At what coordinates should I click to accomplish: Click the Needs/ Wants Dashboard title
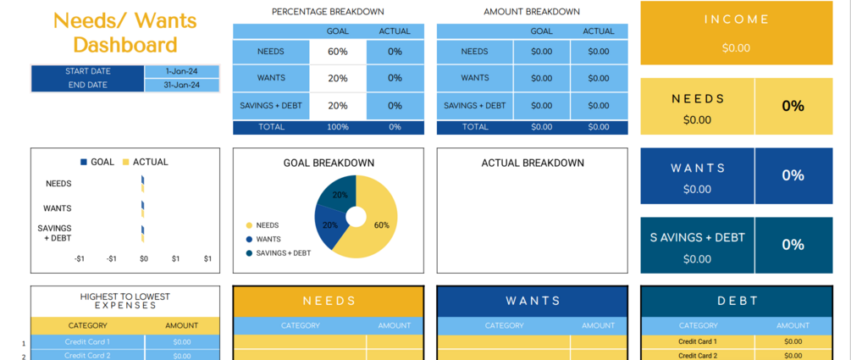124,32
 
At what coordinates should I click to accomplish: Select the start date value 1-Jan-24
182,71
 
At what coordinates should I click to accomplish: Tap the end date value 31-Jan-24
182,85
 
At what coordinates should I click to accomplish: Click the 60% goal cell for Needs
338,52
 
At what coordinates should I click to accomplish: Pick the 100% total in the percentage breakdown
338,127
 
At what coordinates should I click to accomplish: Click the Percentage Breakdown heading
328,12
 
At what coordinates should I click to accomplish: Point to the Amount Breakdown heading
532,12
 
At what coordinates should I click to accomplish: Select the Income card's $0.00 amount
736,48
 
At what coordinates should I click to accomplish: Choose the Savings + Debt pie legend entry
283,253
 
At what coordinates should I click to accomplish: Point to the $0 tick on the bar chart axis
143,258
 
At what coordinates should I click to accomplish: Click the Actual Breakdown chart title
532,163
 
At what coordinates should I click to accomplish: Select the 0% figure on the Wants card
793,175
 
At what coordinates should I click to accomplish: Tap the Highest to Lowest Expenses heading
124,301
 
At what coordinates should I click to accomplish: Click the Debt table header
736,301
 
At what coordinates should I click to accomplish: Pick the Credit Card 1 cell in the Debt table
698,341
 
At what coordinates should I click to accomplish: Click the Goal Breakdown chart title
328,163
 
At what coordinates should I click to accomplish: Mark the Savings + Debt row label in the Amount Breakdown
474,106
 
